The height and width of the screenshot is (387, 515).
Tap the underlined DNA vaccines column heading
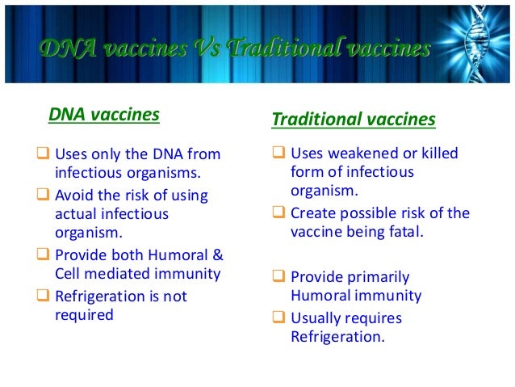click(104, 115)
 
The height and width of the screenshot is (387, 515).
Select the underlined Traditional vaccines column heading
click(354, 120)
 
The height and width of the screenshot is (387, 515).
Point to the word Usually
click(317, 318)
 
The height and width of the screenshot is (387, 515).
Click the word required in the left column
click(84, 315)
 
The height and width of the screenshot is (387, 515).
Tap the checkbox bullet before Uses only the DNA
click(44, 154)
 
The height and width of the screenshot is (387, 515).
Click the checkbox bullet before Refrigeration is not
click(44, 297)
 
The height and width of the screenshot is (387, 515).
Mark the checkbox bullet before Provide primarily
click(278, 277)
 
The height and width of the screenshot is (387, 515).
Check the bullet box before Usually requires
click(278, 318)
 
